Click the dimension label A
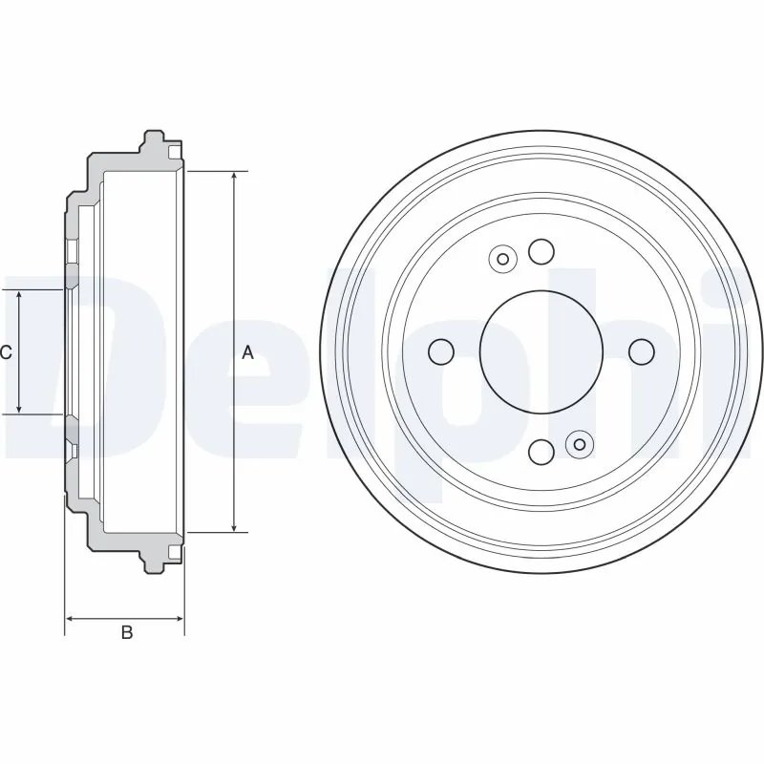(247, 352)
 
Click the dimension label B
(125, 633)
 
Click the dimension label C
(6, 352)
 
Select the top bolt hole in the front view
(541, 252)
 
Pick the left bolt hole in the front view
(441, 351)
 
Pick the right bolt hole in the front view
(641, 351)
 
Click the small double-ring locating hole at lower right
(580, 444)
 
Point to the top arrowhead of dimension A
(234, 179)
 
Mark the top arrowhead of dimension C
(19, 295)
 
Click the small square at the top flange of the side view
(173, 152)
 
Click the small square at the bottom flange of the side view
(173, 552)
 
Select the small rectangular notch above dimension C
(72, 251)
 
